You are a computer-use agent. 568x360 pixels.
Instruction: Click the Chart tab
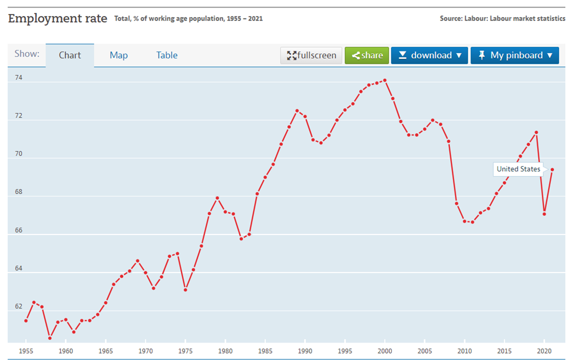[69, 55]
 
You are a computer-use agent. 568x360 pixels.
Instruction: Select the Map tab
[118, 55]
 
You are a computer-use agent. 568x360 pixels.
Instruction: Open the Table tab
[167, 55]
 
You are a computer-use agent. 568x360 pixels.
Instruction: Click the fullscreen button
[312, 55]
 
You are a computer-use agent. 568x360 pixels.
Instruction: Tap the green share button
[367, 55]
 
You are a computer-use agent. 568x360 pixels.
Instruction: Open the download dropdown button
[430, 55]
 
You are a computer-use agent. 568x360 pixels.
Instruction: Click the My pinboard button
[515, 55]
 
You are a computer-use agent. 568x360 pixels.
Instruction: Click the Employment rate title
[57, 19]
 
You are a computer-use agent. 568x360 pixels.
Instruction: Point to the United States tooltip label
[518, 169]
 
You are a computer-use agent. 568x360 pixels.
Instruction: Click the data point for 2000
[385, 80]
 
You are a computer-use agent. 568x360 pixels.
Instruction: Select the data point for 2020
[544, 214]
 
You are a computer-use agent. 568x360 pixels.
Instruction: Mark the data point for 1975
[185, 289]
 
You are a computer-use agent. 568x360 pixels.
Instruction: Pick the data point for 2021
[552, 169]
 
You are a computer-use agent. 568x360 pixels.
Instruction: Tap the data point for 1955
[26, 320]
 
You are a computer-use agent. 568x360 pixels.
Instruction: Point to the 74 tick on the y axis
[18, 78]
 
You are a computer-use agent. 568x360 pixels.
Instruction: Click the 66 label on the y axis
[18, 230]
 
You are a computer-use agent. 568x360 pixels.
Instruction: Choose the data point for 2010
[465, 221]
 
